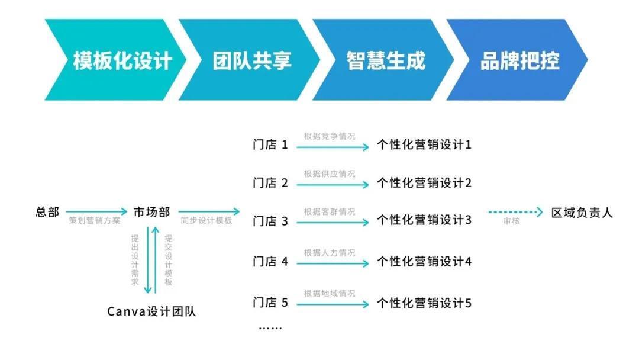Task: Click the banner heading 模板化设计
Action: pos(122,60)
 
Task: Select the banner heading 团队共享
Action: pos(252,60)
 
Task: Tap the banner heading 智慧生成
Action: pos(386,60)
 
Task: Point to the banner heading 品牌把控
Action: pos(519,60)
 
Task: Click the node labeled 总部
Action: pos(47,212)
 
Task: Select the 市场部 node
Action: pos(151,212)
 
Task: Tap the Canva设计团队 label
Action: pos(151,311)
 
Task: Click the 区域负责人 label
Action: pos(582,213)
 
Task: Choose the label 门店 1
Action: pos(270,144)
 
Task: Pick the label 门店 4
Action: pos(270,261)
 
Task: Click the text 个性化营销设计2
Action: pos(424,182)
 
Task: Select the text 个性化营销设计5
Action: pos(424,303)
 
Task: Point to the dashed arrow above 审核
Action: pos(515,212)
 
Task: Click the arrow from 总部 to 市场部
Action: pos(96,211)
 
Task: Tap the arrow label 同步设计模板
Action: pos(206,221)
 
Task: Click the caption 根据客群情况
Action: pos(330,211)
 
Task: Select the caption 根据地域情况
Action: pos(330,293)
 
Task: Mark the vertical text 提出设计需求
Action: pos(135,260)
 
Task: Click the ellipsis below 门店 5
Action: pos(270,327)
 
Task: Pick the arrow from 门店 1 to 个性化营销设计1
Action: pos(333,147)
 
